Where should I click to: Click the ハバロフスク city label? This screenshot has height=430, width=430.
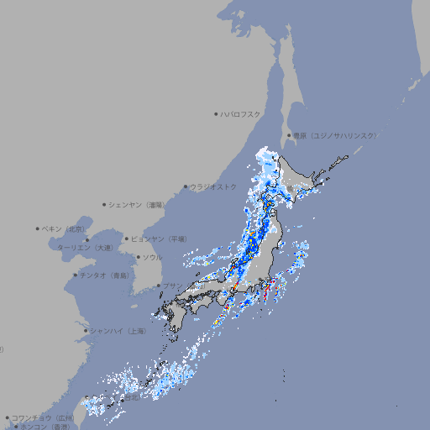click(x=241, y=113)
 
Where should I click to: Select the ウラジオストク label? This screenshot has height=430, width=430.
click(x=213, y=186)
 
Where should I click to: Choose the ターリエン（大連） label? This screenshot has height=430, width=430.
click(x=85, y=249)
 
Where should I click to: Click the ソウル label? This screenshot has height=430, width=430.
click(x=152, y=257)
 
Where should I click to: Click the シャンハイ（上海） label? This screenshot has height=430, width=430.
click(x=118, y=331)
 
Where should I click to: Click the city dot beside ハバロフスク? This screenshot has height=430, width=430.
click(x=216, y=113)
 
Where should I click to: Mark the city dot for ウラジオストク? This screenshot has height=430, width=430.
click(x=186, y=186)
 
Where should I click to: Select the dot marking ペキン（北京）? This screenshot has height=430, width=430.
click(x=38, y=228)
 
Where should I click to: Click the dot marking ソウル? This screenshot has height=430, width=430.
click(x=137, y=257)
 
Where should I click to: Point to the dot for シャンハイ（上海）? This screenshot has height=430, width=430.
click(x=86, y=331)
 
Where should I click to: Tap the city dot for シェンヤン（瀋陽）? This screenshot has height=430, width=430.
click(x=104, y=204)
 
